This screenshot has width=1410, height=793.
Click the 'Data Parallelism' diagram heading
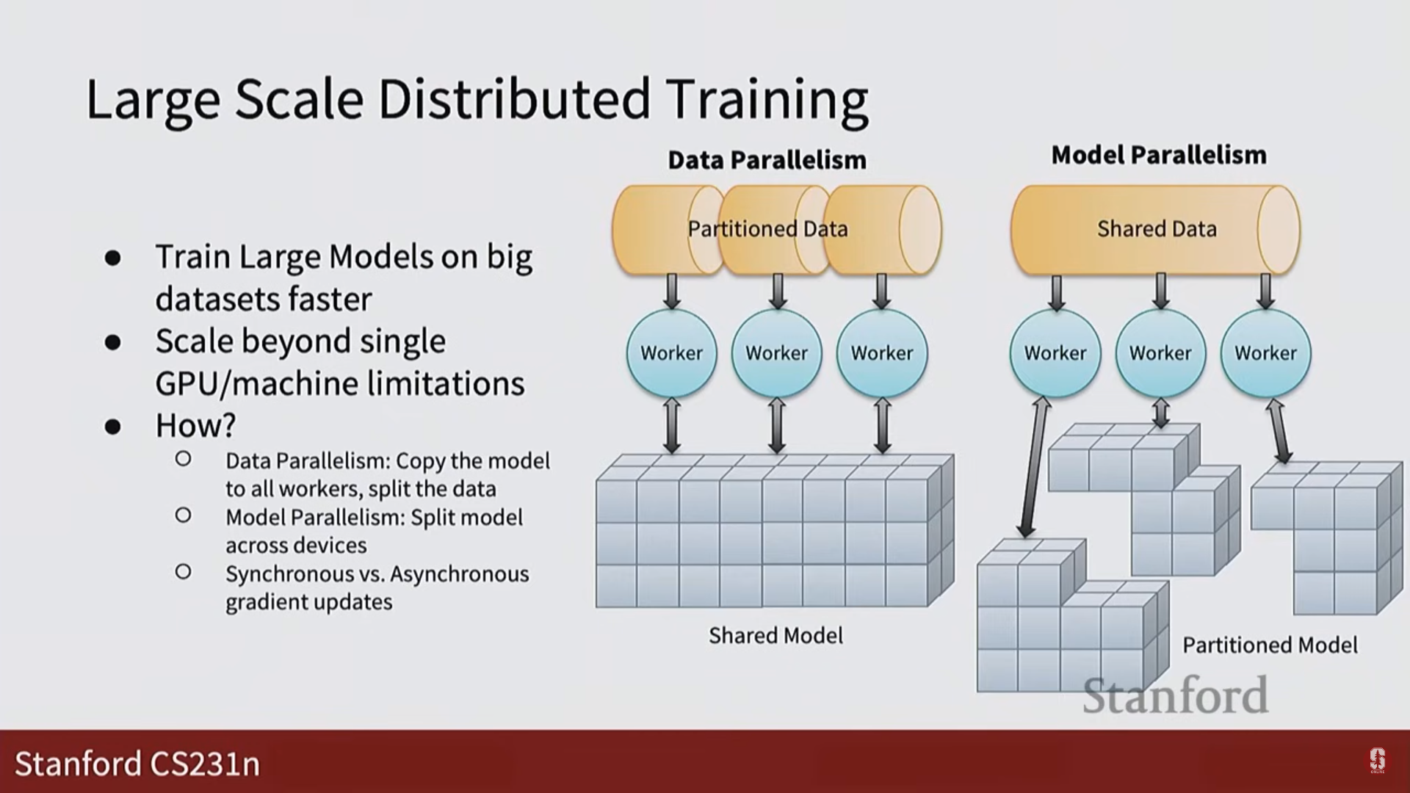(767, 160)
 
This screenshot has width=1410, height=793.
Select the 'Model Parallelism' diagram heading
(1159, 155)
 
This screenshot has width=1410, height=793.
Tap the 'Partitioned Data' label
(767, 229)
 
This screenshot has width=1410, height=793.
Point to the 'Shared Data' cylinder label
(1157, 229)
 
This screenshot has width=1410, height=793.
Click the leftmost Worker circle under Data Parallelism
(671, 353)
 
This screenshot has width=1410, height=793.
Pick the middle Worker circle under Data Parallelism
(776, 353)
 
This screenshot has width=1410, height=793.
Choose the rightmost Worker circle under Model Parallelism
(1265, 353)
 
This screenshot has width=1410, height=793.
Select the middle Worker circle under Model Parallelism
(1160, 353)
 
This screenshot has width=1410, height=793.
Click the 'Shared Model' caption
(775, 635)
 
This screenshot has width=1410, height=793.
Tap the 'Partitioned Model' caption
(1270, 645)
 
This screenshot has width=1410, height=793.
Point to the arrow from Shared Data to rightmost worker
(1265, 292)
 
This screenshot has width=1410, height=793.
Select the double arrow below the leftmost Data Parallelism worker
(671, 426)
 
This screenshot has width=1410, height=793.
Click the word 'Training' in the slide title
(767, 99)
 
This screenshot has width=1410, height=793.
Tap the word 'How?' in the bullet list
(195, 426)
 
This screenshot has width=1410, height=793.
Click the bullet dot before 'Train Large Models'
(112, 258)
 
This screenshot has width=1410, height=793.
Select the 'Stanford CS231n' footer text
(137, 764)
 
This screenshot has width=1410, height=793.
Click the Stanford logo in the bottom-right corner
(1377, 761)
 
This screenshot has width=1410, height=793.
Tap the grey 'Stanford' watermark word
(1175, 695)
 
